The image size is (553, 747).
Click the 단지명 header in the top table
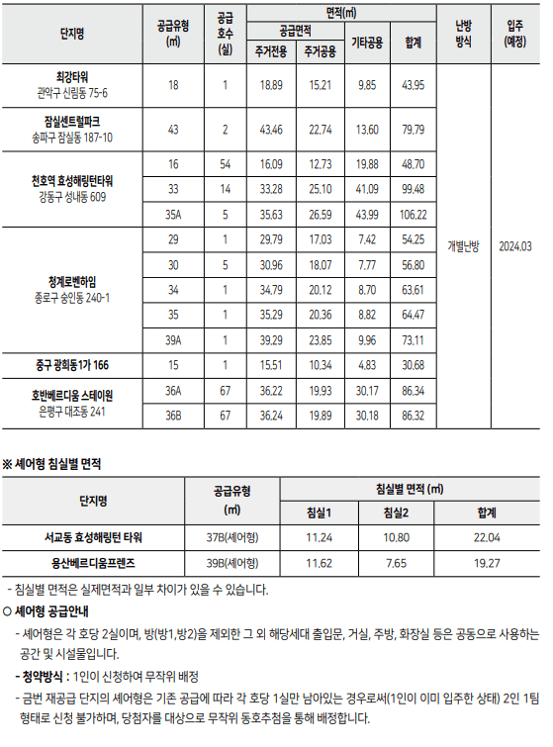pyautogui.click(x=72, y=33)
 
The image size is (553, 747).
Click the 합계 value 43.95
pyautogui.click(x=413, y=86)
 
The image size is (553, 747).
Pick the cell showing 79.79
pyautogui.click(x=413, y=130)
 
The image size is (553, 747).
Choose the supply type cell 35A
pyautogui.click(x=174, y=213)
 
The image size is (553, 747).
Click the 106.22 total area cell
pyautogui.click(x=413, y=213)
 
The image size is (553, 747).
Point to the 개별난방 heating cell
pyautogui.click(x=463, y=245)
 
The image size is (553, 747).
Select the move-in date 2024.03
pyautogui.click(x=515, y=245)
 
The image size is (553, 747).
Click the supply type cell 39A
pyautogui.click(x=174, y=339)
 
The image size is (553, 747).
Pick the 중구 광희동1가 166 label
pyautogui.click(x=72, y=365)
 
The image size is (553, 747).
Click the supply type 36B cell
pyautogui.click(x=174, y=415)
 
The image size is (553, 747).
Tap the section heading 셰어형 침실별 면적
pyautogui.click(x=57, y=462)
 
